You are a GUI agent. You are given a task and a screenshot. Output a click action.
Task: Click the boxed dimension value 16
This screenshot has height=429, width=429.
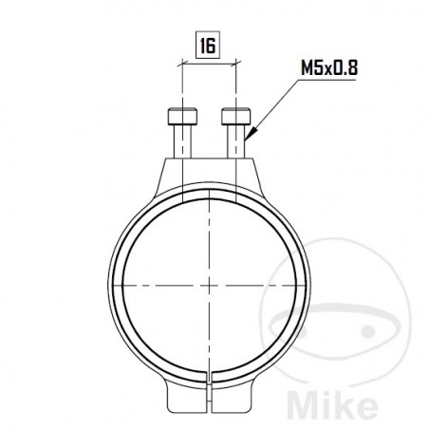click(x=207, y=43)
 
